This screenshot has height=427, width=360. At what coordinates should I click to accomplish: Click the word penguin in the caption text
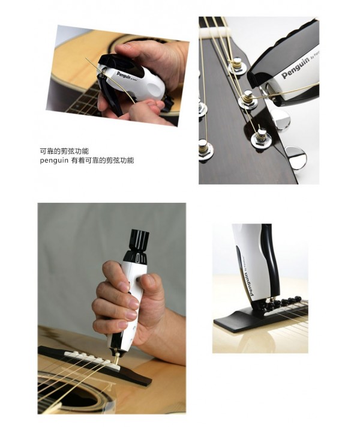pyautogui.click(x=54, y=160)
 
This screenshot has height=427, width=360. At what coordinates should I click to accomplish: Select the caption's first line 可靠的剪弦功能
pyautogui.click(x=64, y=151)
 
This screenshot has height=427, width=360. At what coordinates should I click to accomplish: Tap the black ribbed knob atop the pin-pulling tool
pyautogui.click(x=140, y=240)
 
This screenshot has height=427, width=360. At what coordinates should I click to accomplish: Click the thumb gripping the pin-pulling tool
pyautogui.click(x=148, y=288)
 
